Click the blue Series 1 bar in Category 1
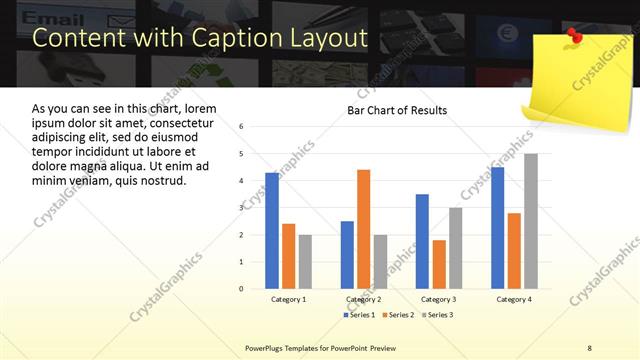272,230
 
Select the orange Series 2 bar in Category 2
363,229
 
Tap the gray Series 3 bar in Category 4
530,221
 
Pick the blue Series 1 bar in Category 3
422,241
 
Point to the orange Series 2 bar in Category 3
439,264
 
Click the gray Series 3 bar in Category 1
305,261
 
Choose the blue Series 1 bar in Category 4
497,227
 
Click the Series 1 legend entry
359,315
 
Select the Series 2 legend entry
397,315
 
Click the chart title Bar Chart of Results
397,110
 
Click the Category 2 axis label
363,299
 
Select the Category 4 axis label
514,299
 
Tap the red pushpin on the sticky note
575,36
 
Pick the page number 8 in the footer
589,347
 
